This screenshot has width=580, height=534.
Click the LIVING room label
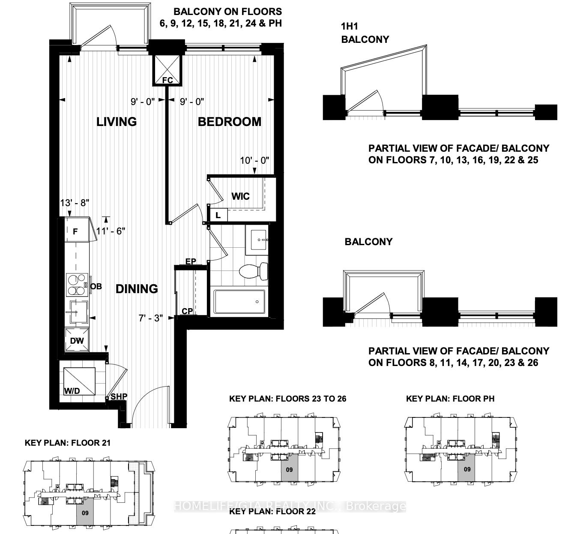click(x=116, y=122)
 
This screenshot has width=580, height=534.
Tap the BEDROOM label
click(x=229, y=122)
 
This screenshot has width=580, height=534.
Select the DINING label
click(x=137, y=289)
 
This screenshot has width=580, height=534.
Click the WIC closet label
click(x=240, y=196)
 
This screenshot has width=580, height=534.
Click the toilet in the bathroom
click(x=253, y=272)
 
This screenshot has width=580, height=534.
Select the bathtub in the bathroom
click(x=239, y=302)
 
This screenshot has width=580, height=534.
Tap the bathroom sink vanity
click(x=257, y=240)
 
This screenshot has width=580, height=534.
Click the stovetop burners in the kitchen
click(x=77, y=285)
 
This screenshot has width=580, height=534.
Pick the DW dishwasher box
click(x=77, y=340)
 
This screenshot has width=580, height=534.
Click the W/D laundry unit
click(x=79, y=381)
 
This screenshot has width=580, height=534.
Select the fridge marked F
click(x=76, y=231)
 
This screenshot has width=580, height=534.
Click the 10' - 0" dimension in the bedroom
click(x=254, y=160)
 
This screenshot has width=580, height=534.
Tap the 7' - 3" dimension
click(x=151, y=318)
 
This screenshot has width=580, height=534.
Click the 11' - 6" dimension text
click(x=111, y=231)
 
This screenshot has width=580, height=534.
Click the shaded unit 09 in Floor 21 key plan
click(x=85, y=512)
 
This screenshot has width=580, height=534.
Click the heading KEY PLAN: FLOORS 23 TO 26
click(x=287, y=399)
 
